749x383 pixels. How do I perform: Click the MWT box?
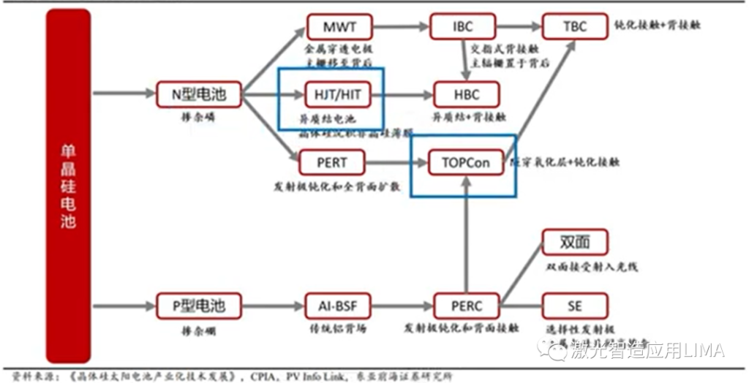(340, 27)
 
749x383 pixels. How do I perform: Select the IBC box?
(462, 27)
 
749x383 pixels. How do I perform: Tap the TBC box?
(575, 27)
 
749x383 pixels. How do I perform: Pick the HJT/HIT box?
(337, 94)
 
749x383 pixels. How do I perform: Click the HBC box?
(467, 95)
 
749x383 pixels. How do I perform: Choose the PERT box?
(332, 162)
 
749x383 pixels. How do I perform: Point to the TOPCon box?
(466, 162)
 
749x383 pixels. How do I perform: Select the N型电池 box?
(198, 94)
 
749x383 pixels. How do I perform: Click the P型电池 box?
(198, 305)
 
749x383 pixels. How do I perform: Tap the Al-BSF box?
(337, 305)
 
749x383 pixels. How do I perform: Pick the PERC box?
(467, 305)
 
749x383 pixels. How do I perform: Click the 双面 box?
(575, 242)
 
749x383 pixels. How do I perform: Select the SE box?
(575, 305)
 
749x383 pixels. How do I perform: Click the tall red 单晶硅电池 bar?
(68, 186)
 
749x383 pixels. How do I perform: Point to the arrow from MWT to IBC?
(400, 27)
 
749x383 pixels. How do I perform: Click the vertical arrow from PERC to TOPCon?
(467, 234)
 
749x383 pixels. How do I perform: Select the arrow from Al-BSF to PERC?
(402, 305)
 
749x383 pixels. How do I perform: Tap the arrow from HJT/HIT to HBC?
(402, 95)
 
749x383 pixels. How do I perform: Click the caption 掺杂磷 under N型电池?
(199, 117)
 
